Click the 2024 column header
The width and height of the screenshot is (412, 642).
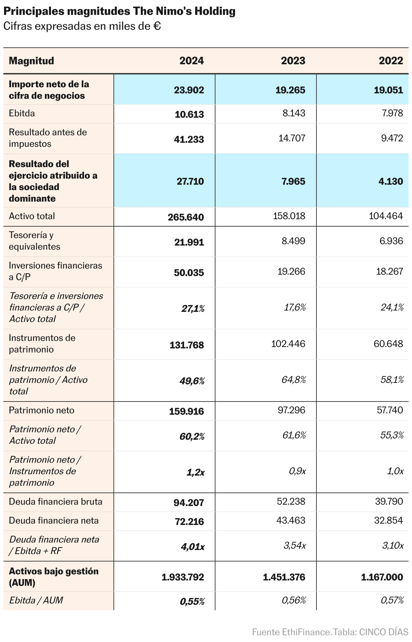[x=191, y=61]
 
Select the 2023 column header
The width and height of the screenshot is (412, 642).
[x=293, y=61]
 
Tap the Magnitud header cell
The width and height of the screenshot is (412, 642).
[x=31, y=61]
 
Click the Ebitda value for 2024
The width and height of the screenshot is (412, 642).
[x=189, y=114]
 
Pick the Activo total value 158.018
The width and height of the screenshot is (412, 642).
[x=289, y=216]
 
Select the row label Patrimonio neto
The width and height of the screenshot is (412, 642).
[x=42, y=410]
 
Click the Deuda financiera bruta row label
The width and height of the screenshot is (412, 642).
[x=55, y=502]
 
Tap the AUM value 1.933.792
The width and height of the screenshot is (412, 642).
[x=183, y=577]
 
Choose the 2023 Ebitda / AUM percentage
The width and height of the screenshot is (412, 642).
[x=293, y=600]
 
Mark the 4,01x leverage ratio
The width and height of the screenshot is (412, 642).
[x=192, y=547]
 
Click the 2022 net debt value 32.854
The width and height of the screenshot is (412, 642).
[x=388, y=520]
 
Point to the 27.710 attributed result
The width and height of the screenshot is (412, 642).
[x=190, y=181]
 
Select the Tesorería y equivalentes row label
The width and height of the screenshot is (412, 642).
[x=34, y=241]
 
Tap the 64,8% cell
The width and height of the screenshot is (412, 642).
[x=293, y=380]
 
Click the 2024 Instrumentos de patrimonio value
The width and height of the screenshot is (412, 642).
[x=187, y=345]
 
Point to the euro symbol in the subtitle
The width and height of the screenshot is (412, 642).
[x=157, y=26]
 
